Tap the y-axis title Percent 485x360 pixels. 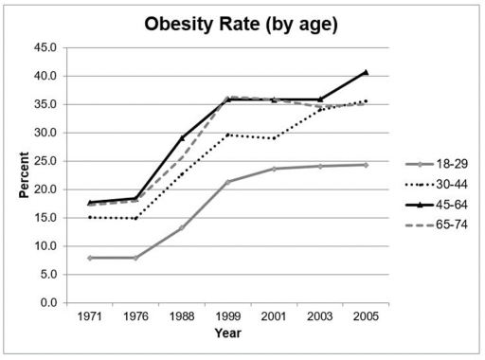coord(25,175)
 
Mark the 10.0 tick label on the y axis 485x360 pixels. coord(45,246)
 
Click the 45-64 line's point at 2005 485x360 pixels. coord(365,72)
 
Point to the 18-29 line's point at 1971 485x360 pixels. coord(91,258)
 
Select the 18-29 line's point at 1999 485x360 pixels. coord(227,182)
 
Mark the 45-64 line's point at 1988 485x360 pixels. coord(181,137)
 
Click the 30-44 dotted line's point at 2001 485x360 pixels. coord(273,138)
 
